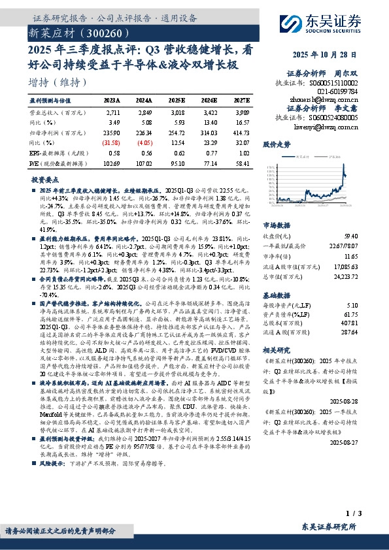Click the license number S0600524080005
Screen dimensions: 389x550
pos(333,117)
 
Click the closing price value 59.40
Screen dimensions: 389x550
pos(369,236)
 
